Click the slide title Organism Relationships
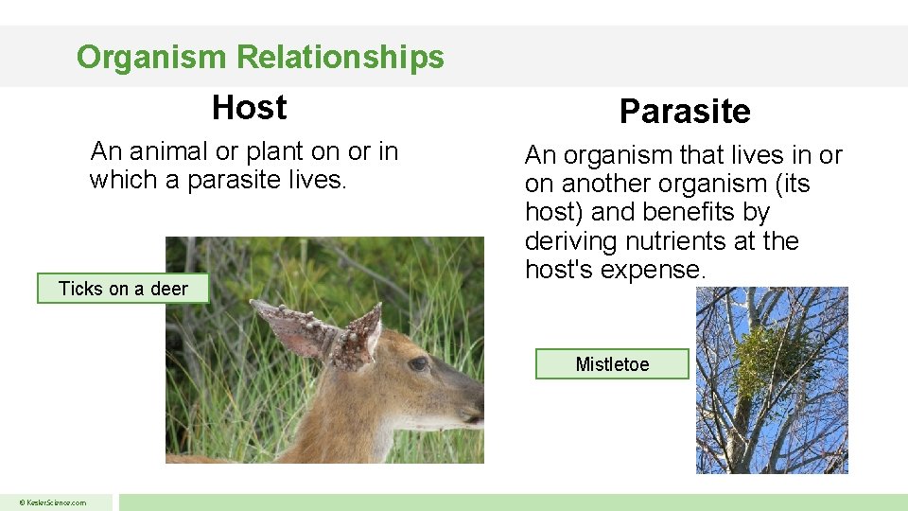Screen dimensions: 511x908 coord(260,57)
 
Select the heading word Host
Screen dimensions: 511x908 coord(250,108)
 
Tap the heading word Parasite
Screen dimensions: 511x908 coord(685,112)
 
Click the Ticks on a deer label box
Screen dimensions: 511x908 coord(123,289)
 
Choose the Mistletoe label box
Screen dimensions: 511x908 coord(612,364)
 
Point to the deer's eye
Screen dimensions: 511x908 coord(418,363)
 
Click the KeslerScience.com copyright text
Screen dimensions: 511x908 coord(56,502)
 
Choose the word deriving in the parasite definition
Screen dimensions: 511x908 coord(571,241)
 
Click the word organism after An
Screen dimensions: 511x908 coord(620,155)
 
